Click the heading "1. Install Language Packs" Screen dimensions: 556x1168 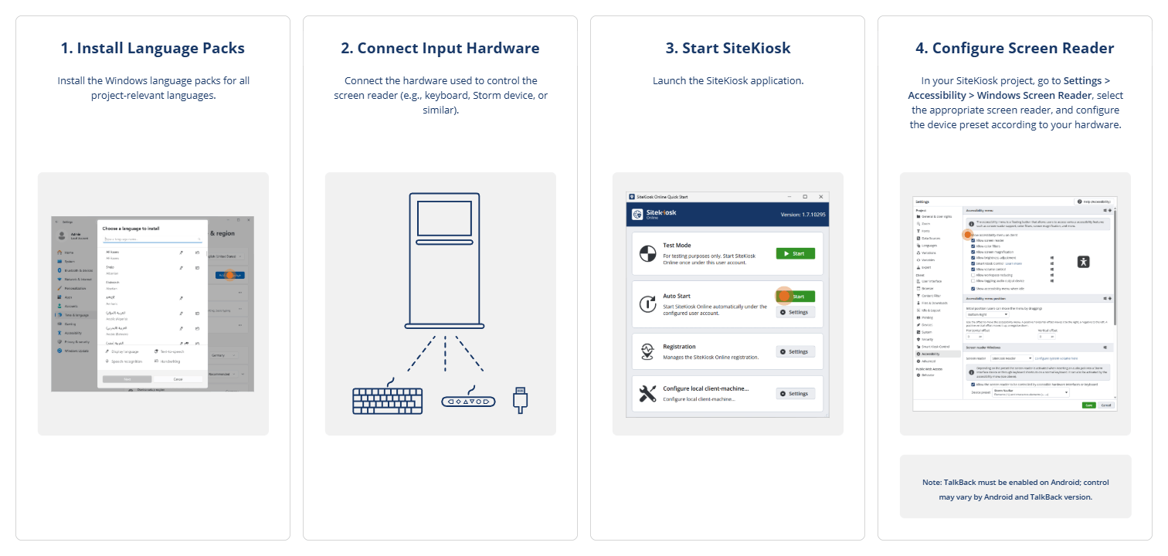pos(152,48)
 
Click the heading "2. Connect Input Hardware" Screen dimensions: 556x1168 pos(440,48)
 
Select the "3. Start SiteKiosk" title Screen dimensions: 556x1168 pos(728,48)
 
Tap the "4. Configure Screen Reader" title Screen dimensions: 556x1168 pos(1014,48)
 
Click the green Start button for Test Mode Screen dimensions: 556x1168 pos(795,253)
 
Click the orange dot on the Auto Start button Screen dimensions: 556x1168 pos(784,296)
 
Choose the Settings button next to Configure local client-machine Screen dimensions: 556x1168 pos(795,394)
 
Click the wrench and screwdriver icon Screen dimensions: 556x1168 pos(647,394)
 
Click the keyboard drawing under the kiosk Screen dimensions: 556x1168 pos(387,399)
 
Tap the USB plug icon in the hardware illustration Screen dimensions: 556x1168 pos(519,398)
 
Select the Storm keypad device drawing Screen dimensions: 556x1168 pos(468,401)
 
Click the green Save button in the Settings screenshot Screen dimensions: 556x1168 pos(1088,405)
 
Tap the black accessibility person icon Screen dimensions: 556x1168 pos(1083,262)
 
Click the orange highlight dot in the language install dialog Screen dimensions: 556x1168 pos(229,275)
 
